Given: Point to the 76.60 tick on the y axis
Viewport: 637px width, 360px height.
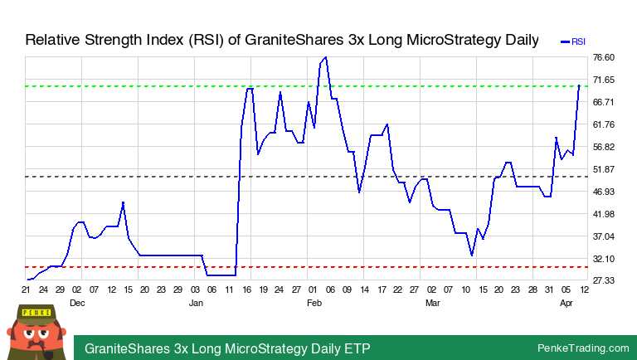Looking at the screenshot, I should point(603,57).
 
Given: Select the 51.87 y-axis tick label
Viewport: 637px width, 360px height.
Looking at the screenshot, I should point(603,169).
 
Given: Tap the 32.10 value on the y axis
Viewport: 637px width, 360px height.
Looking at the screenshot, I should point(603,259).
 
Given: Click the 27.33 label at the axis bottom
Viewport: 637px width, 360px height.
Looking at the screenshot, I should point(603,281).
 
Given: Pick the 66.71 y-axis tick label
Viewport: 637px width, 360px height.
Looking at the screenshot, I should point(603,102).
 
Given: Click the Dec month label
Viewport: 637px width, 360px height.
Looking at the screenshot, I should point(77,304).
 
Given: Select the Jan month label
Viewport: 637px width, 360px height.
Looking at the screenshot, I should point(196,304).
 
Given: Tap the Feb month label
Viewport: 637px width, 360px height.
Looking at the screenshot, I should point(314,304).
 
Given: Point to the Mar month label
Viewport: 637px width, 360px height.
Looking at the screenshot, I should point(432,304).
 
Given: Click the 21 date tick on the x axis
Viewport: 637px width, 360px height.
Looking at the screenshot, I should point(26,290).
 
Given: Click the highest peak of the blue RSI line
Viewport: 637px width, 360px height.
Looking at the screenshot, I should point(326,57).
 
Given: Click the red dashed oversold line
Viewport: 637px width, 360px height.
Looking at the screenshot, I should point(332,267).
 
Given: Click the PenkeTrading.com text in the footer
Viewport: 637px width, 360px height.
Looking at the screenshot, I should point(583,348).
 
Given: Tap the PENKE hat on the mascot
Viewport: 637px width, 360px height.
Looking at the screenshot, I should point(36,313).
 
